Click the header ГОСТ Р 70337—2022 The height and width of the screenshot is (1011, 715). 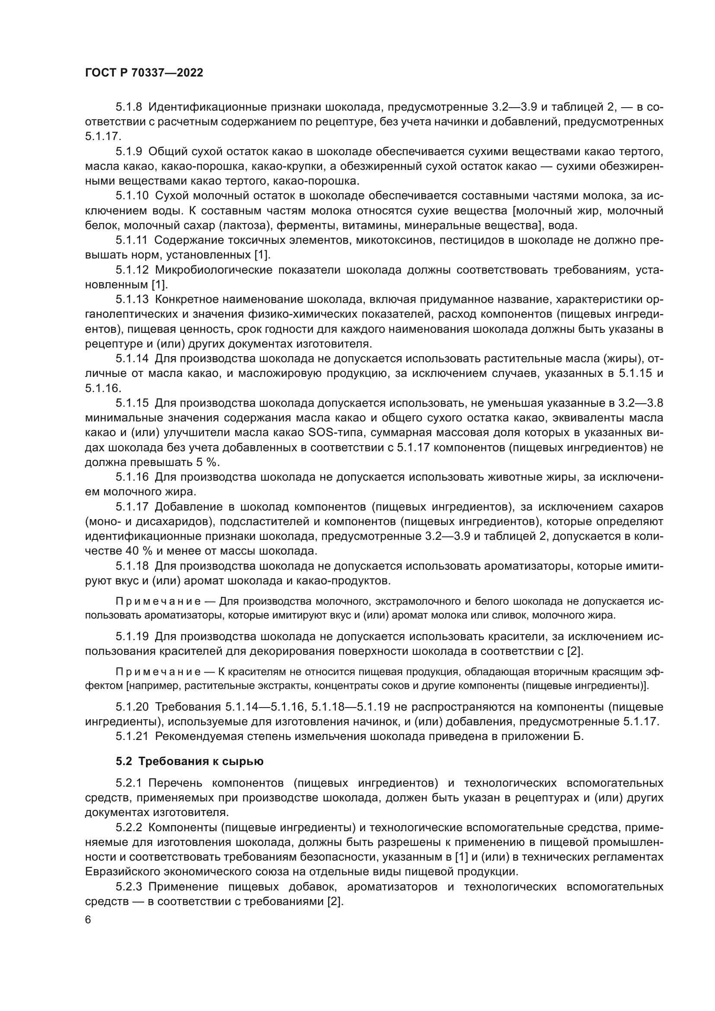[x=144, y=73]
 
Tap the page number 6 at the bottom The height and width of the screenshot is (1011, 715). [x=88, y=920]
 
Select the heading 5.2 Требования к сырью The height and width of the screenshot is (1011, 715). [x=190, y=762]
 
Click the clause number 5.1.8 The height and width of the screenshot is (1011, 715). [x=129, y=107]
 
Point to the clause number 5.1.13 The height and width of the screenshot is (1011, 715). [x=132, y=300]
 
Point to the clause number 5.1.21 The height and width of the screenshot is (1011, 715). [x=132, y=736]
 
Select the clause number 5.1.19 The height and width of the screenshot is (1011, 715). [x=132, y=636]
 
